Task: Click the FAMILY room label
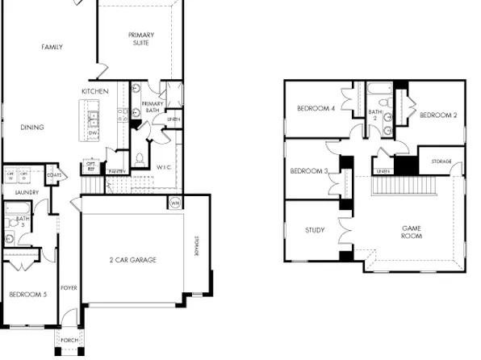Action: point(52,48)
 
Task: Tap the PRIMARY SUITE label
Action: point(141,40)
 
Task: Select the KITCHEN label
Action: point(94,92)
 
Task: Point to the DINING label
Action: point(32,128)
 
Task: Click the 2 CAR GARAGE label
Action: point(132,260)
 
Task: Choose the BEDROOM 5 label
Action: point(27,295)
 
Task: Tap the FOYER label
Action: point(69,287)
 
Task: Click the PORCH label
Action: point(69,340)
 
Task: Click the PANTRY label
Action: point(116,171)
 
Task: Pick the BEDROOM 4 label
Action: point(316,108)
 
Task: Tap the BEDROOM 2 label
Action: point(438,115)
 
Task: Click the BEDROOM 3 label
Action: point(308,171)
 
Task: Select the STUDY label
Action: point(315,231)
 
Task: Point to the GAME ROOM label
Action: point(412,233)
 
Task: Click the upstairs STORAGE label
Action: point(441,162)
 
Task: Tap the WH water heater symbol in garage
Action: point(176,203)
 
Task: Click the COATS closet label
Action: point(55,174)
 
